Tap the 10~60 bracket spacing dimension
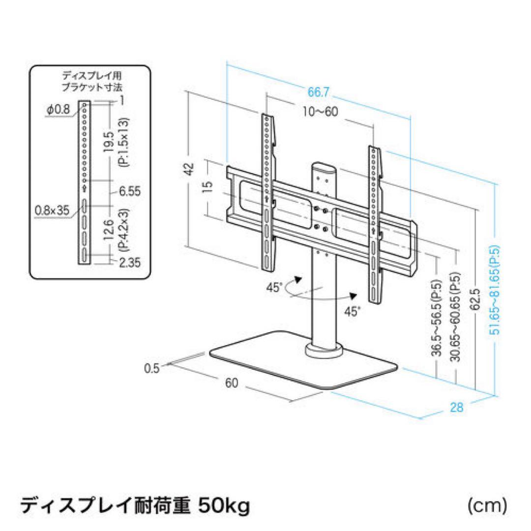coord(320,112)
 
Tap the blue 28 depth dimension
coord(457,408)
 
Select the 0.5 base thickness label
coord(153,368)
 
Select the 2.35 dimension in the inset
coord(129,263)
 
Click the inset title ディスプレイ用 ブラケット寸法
coord(92,81)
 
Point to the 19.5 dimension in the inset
coord(110,143)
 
